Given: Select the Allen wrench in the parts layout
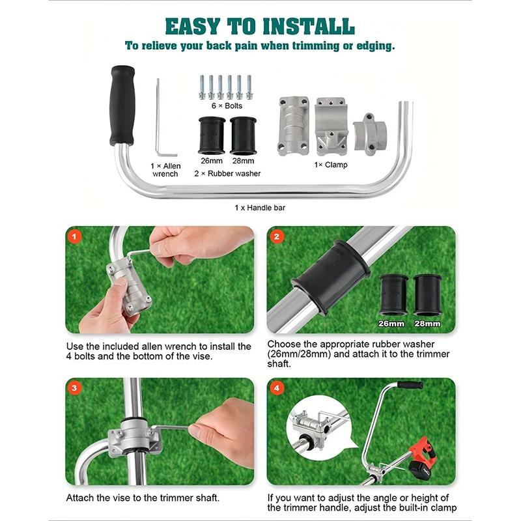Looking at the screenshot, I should tap(158, 117).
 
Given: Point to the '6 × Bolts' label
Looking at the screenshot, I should tap(224, 105).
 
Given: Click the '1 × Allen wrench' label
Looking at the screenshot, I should tap(165, 170).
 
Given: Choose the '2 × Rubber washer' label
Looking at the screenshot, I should tap(227, 173).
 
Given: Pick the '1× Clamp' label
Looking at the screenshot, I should tap(331, 165).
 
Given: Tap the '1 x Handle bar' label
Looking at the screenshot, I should tap(260, 208).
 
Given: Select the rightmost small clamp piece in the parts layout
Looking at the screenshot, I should tap(371, 134).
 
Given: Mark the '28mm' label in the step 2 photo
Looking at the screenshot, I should tap(427, 323).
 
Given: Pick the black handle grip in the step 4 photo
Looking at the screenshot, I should tap(410, 385).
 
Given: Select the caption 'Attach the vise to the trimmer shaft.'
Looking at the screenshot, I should tap(143, 498).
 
